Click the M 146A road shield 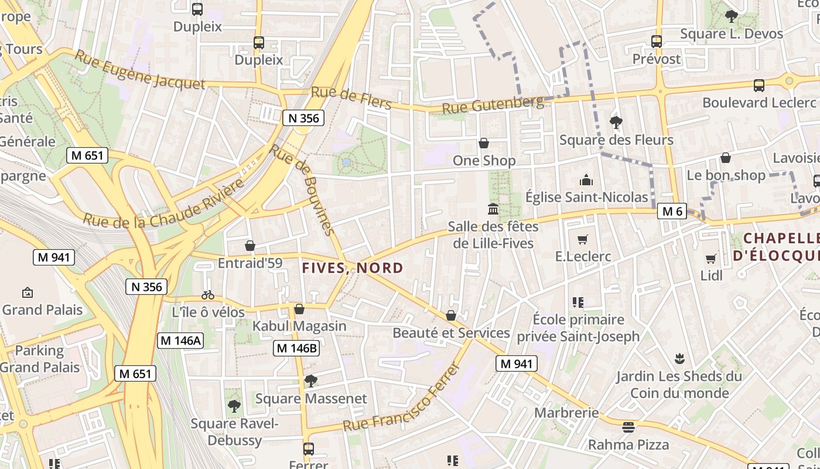click(180, 341)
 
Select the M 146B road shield click(296, 348)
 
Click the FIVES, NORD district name click(353, 268)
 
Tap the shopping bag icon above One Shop click(484, 143)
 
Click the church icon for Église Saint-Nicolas click(586, 180)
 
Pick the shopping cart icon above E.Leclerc click(582, 239)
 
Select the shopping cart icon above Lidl click(711, 258)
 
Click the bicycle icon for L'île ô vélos click(208, 294)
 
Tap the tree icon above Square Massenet click(311, 381)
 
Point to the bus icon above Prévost click(657, 42)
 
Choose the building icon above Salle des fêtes click(493, 209)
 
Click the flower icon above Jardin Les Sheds click(679, 358)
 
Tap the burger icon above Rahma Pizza click(628, 427)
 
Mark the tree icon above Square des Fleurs click(616, 123)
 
